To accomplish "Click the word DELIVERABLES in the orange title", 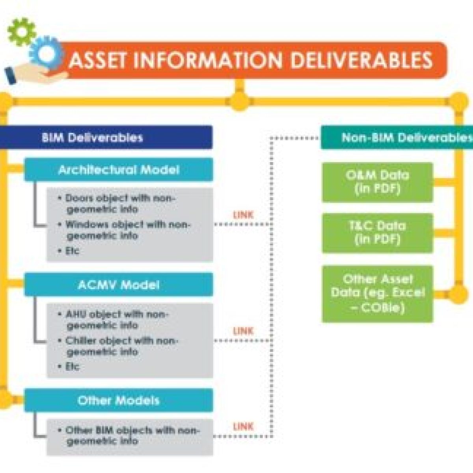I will (363, 60).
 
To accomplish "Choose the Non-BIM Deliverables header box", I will (397, 138).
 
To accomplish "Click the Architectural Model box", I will (118, 170).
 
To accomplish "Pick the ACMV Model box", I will (118, 285).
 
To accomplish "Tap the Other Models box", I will (118, 400).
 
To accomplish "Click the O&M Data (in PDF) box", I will (377, 182).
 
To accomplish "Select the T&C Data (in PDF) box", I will (377, 233).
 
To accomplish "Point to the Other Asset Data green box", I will (377, 294).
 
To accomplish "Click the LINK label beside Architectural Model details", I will (243, 215).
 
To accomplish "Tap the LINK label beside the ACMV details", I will (243, 331).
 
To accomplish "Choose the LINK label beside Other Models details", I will (243, 426).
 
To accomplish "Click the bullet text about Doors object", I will (118, 203).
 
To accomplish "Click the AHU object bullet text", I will (114, 320).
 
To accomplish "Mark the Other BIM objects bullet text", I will (130, 436).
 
